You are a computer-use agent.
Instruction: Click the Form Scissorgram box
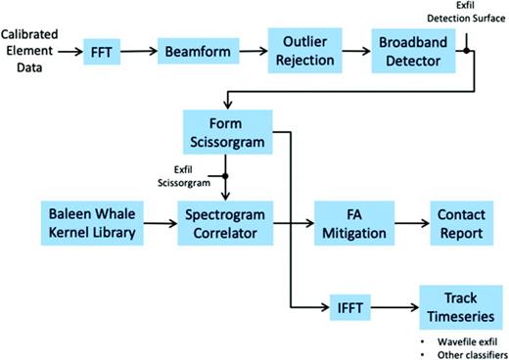coord(226,132)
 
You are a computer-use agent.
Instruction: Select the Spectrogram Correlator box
coord(226,223)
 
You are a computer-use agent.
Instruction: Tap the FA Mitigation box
coord(352,223)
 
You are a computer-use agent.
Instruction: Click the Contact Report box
coord(461,223)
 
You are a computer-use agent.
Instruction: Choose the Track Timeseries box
coord(461,304)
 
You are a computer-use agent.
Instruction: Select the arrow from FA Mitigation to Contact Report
coord(408,223)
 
